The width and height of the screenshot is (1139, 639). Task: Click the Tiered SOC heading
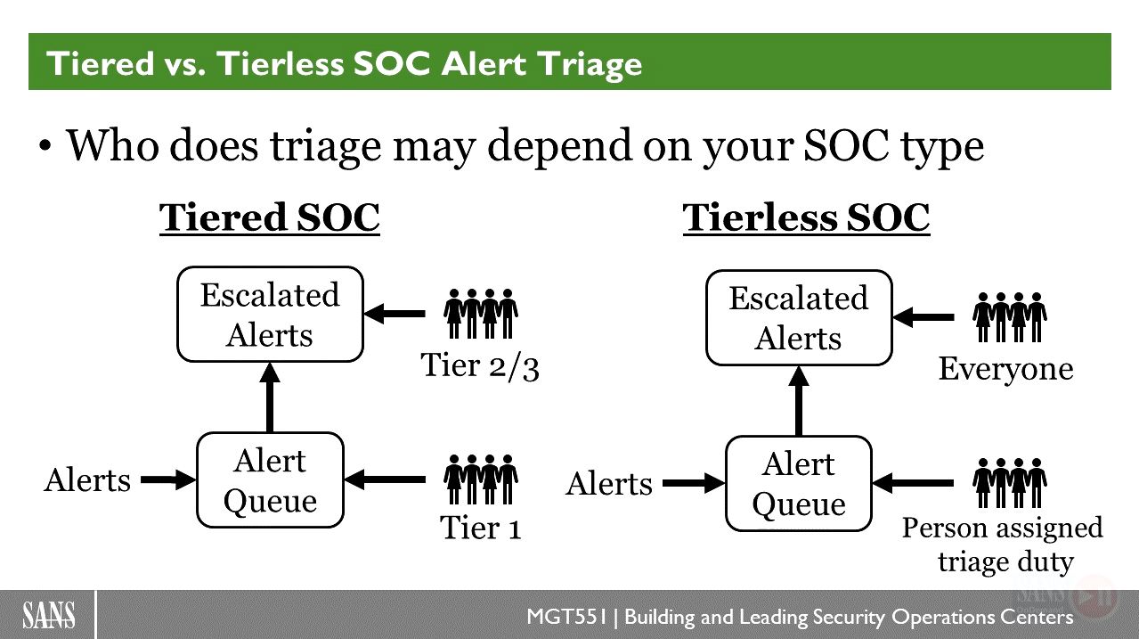[270, 217]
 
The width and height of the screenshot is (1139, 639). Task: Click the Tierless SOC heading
[807, 217]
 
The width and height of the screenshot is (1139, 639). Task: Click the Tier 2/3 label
[480, 366]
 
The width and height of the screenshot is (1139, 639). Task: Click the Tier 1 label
[481, 528]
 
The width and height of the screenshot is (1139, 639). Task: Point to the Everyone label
[1005, 369]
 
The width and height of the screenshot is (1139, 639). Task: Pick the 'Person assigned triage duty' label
[1003, 545]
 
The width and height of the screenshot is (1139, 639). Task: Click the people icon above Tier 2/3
[481, 314]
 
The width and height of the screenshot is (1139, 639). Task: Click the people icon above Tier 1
[481, 479]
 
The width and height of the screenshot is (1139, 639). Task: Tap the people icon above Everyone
[1010, 317]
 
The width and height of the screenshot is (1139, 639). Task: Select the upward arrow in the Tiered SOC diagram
[270, 397]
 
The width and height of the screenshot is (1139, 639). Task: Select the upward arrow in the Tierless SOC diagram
[799, 401]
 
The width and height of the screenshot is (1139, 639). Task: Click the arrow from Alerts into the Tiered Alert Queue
[168, 479]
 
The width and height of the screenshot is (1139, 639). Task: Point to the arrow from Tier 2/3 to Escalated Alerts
[395, 314]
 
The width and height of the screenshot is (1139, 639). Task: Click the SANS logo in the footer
[49, 615]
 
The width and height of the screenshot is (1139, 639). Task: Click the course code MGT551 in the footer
[567, 617]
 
